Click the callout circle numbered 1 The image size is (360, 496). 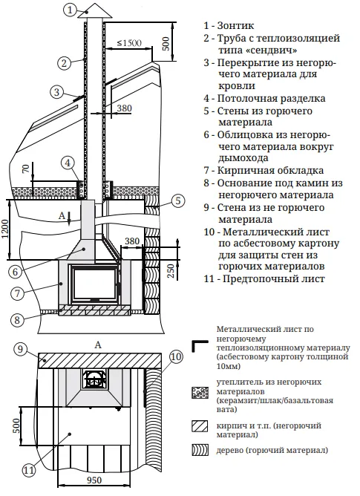click(x=70, y=10)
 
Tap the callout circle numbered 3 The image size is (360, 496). click(x=57, y=93)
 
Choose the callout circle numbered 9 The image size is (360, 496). click(x=22, y=349)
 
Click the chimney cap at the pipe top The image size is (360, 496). click(x=96, y=13)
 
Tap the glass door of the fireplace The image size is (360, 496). click(x=94, y=281)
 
